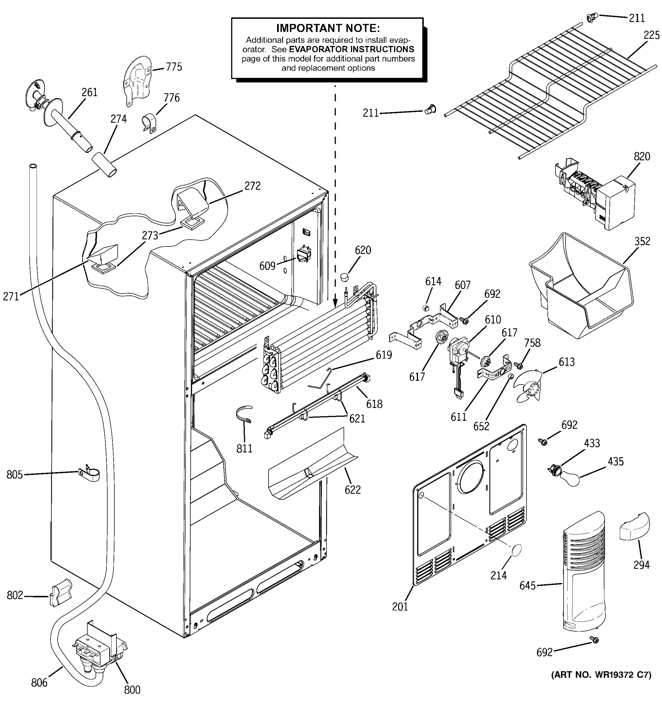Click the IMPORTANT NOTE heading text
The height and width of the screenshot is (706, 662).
(327, 28)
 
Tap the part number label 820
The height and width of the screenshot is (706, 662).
(642, 156)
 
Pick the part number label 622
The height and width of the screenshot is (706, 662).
(352, 490)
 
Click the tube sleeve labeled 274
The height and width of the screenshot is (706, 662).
(104, 164)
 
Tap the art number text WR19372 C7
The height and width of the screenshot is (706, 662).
(601, 675)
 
